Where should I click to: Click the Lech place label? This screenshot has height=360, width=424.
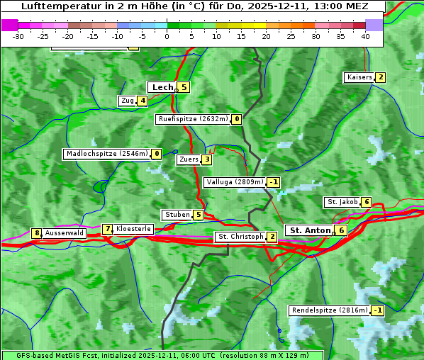[162, 87]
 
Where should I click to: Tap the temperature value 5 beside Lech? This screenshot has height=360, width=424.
[184, 87]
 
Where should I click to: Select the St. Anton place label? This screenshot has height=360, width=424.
[310, 230]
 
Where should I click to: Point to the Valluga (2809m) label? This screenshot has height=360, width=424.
[235, 182]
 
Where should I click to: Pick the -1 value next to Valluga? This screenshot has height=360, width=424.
[274, 182]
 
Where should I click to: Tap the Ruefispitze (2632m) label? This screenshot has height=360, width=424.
[193, 119]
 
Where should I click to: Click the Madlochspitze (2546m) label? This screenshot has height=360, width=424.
[106, 154]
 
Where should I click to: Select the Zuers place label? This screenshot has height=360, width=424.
[188, 159]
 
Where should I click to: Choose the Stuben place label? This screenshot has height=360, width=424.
[177, 215]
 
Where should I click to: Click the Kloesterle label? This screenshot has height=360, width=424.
[133, 229]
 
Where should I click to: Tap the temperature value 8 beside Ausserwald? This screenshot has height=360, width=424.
[36, 233]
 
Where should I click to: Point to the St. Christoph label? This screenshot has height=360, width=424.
[240, 237]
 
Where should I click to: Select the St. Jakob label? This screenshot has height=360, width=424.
[342, 202]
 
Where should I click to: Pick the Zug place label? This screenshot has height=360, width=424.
[128, 101]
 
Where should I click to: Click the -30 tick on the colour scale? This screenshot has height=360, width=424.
[18, 35]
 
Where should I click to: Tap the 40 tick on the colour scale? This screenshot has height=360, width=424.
[365, 35]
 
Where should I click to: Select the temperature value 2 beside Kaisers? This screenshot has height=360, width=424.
[381, 77]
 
